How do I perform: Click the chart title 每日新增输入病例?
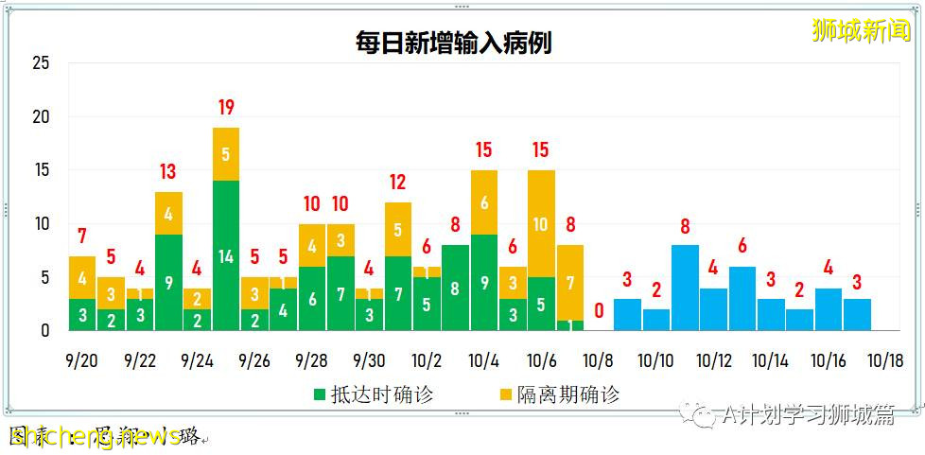453,43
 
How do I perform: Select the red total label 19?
226,107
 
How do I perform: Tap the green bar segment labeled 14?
226,255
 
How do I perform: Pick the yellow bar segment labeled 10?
541,223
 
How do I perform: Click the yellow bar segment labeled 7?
570,282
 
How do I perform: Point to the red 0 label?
599,310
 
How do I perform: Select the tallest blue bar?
685,288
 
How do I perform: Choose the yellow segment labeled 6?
484,202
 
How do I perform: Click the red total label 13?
168,171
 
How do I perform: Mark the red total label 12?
397,182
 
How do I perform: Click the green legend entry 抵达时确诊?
374,394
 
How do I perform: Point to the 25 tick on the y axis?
41,64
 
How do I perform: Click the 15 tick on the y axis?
41,171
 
